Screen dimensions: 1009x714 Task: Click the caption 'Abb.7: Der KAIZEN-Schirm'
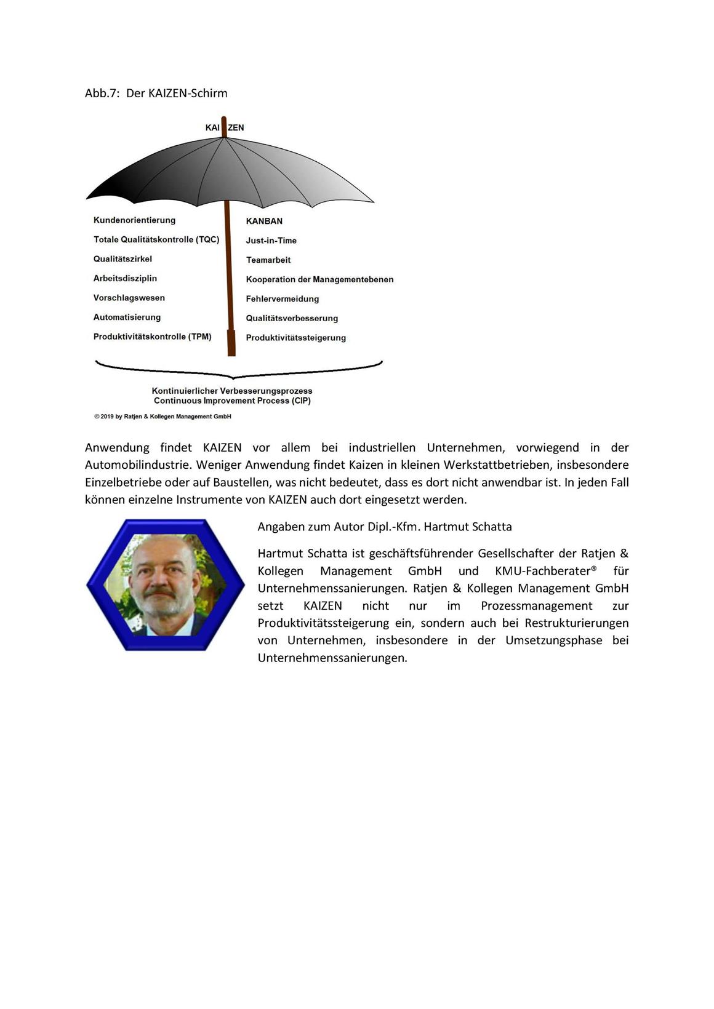tap(156, 94)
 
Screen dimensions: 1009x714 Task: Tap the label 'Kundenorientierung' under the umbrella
tap(134, 220)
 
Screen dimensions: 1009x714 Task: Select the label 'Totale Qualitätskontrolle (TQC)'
tap(156, 239)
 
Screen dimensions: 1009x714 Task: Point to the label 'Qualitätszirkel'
tap(122, 259)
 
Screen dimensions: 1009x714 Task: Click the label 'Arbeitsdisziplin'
tap(125, 279)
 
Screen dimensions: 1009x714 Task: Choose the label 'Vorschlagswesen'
tap(129, 298)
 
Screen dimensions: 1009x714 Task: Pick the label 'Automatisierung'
tap(127, 317)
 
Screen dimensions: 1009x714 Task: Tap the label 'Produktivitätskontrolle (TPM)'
tap(153, 337)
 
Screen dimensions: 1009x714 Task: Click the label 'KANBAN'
tap(264, 221)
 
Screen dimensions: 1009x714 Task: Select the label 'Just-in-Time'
tap(271, 241)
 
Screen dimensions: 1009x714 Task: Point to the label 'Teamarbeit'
tap(268, 260)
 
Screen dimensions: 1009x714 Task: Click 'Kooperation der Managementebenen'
tap(319, 279)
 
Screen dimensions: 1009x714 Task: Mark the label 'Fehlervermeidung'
tap(283, 299)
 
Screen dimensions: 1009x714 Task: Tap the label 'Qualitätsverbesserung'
tap(292, 318)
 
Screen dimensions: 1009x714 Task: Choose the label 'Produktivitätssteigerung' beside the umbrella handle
tap(296, 338)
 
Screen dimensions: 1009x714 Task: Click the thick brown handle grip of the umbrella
tap(231, 343)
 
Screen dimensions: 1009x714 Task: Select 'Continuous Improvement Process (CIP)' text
tap(232, 401)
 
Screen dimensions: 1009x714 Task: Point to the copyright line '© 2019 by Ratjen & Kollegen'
tap(162, 417)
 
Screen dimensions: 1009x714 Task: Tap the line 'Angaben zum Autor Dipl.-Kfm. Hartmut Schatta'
tap(385, 527)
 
